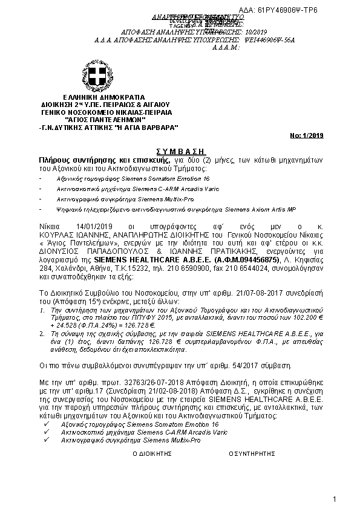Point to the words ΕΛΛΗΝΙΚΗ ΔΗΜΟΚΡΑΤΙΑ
coord(104,97)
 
